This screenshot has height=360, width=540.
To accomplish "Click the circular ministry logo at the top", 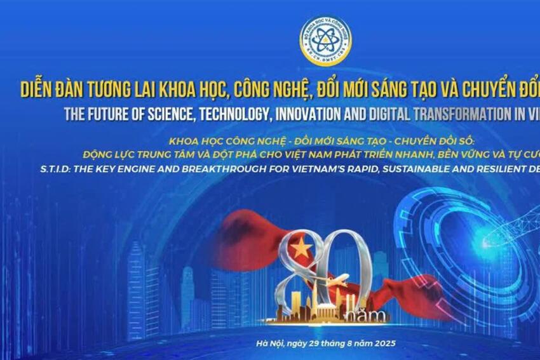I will (x=325, y=41).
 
